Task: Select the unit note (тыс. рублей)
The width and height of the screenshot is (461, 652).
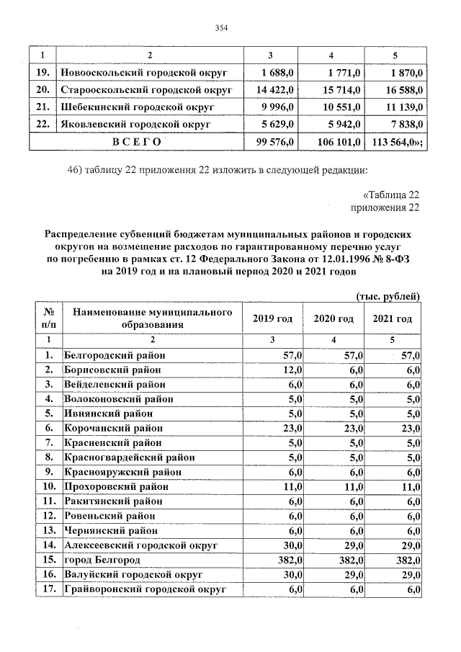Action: (388, 297)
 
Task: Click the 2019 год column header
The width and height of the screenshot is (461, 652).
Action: (274, 318)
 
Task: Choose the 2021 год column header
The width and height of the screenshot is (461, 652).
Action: (393, 318)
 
